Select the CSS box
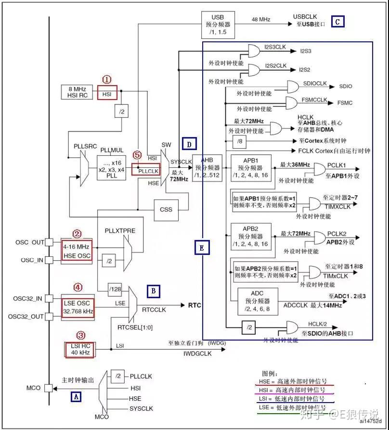click(x=166, y=210)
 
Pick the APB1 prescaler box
click(x=250, y=168)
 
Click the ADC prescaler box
click(x=258, y=301)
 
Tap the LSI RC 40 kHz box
click(x=79, y=349)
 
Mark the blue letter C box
click(x=337, y=21)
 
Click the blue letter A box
click(x=76, y=396)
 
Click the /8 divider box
click(x=239, y=141)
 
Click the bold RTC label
click(x=194, y=305)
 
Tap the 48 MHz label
click(x=260, y=20)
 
